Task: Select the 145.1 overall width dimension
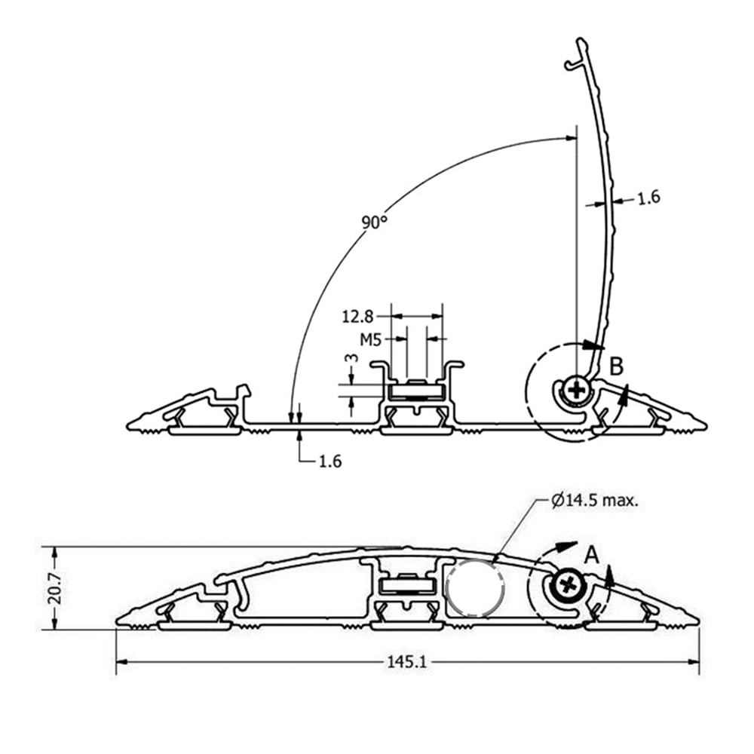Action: pos(407,661)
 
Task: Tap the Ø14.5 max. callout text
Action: pos(596,500)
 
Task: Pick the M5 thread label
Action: pos(369,339)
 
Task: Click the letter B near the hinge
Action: pos(617,366)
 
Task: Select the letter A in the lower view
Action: pos(593,556)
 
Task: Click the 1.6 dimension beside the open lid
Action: pos(648,198)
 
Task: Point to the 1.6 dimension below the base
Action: pos(330,461)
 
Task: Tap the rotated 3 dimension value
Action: pos(348,360)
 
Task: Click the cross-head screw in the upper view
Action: pos(577,390)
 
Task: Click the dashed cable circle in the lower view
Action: pos(474,588)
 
